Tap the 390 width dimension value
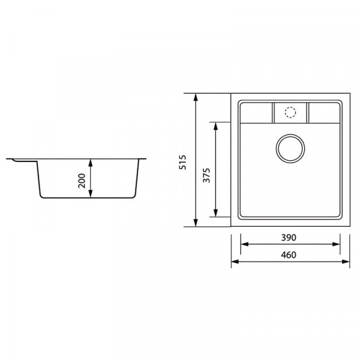pyautogui.click(x=291, y=238)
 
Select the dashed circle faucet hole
pyautogui.click(x=290, y=112)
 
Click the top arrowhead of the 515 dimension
pyautogui.click(x=197, y=97)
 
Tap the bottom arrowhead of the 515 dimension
pyautogui.click(x=197, y=223)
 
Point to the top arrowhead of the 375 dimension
pyautogui.click(x=215, y=125)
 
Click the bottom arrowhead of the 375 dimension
pyautogui.click(x=215, y=213)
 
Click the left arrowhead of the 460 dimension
pyautogui.click(x=236, y=262)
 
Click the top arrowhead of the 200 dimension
pyautogui.click(x=91, y=162)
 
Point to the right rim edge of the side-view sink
pyautogui.click(x=144, y=160)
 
